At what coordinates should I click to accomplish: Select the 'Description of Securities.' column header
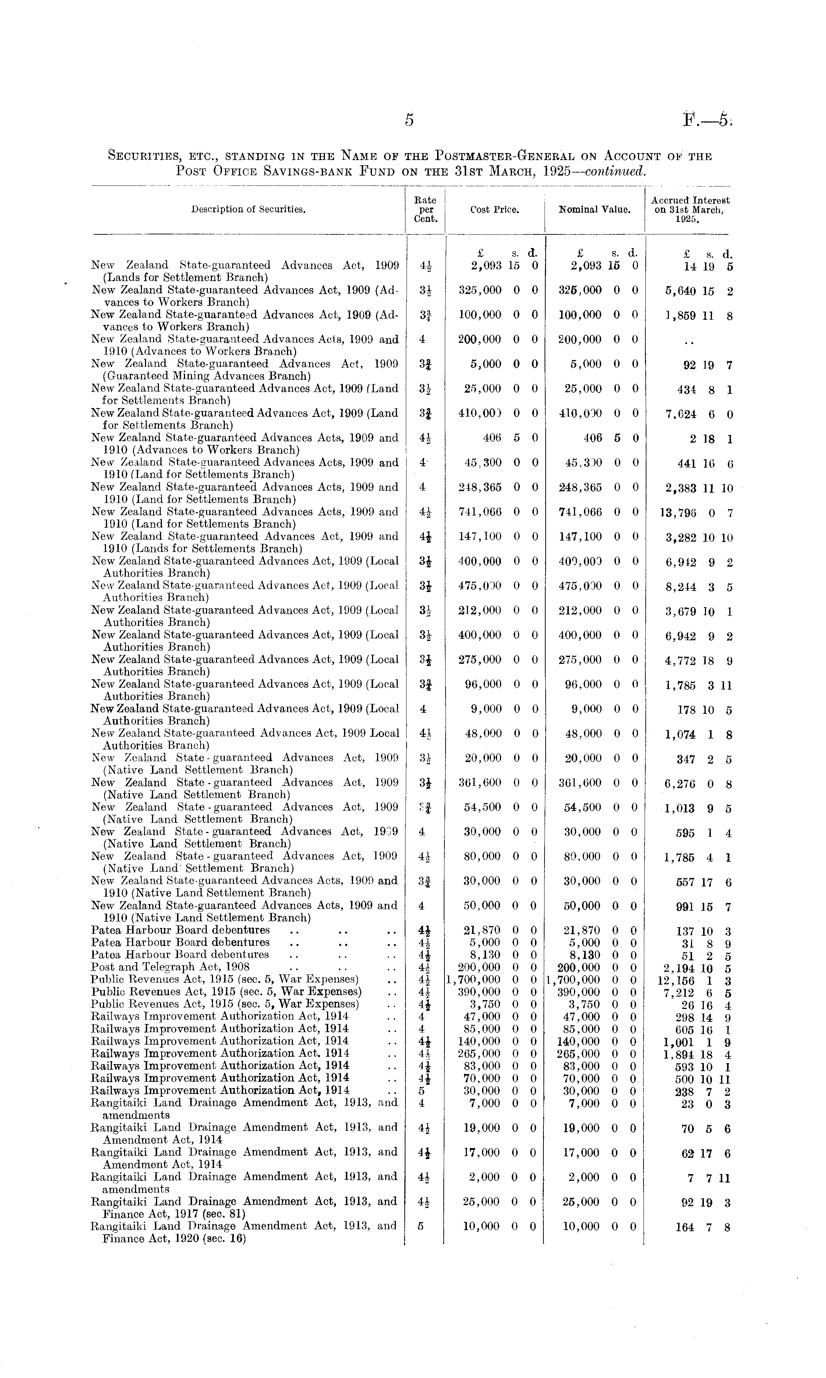click(x=248, y=210)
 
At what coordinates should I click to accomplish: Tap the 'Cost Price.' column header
click(x=494, y=210)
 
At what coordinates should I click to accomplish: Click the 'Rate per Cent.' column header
click(x=426, y=209)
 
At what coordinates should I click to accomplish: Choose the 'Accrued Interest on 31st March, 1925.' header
click(x=690, y=209)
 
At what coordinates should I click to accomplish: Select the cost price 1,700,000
click(x=474, y=980)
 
